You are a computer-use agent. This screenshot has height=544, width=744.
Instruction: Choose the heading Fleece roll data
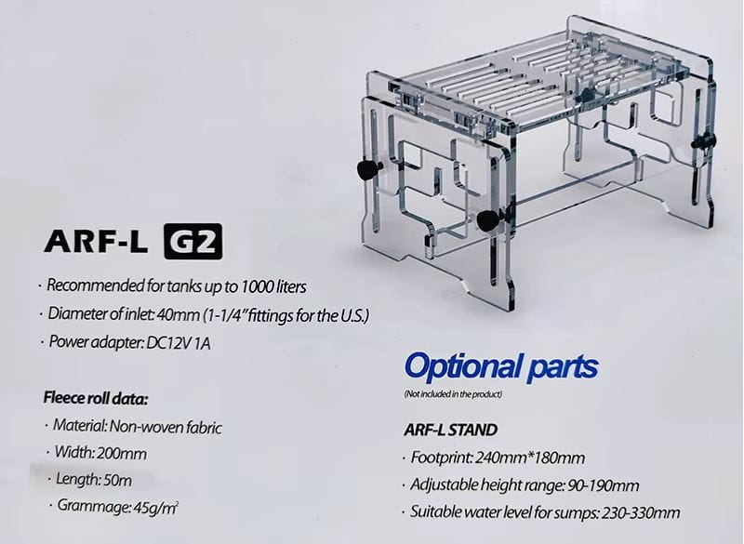click(96, 400)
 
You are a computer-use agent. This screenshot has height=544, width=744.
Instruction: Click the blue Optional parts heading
click(502, 366)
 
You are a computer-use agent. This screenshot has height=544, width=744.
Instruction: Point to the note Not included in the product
click(454, 395)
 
